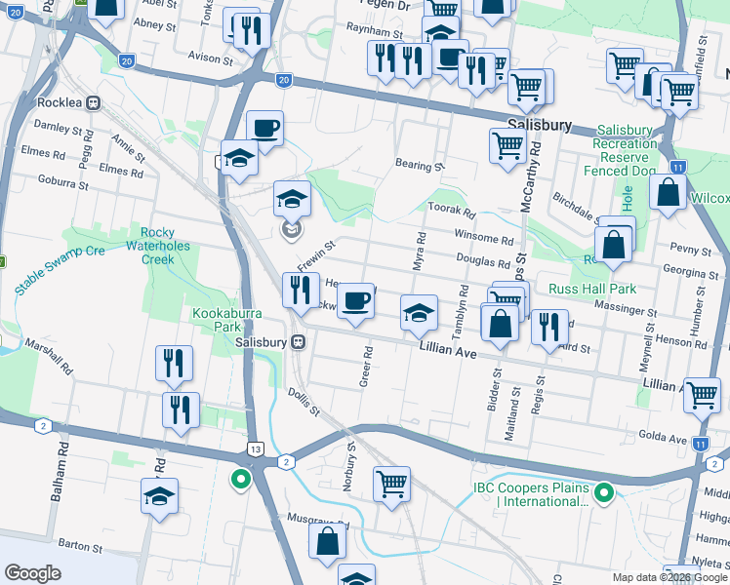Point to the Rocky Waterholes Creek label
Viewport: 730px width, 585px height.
[x=170, y=246]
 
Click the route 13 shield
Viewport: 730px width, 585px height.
[x=255, y=448]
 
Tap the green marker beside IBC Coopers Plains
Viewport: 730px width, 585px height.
[x=603, y=494]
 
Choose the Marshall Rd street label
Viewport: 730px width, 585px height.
[x=50, y=357]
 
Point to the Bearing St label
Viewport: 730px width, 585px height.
[x=420, y=166]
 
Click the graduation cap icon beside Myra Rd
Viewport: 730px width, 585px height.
[x=419, y=314]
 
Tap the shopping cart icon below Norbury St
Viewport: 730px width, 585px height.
[x=391, y=483]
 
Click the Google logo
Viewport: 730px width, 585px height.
[x=32, y=572]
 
